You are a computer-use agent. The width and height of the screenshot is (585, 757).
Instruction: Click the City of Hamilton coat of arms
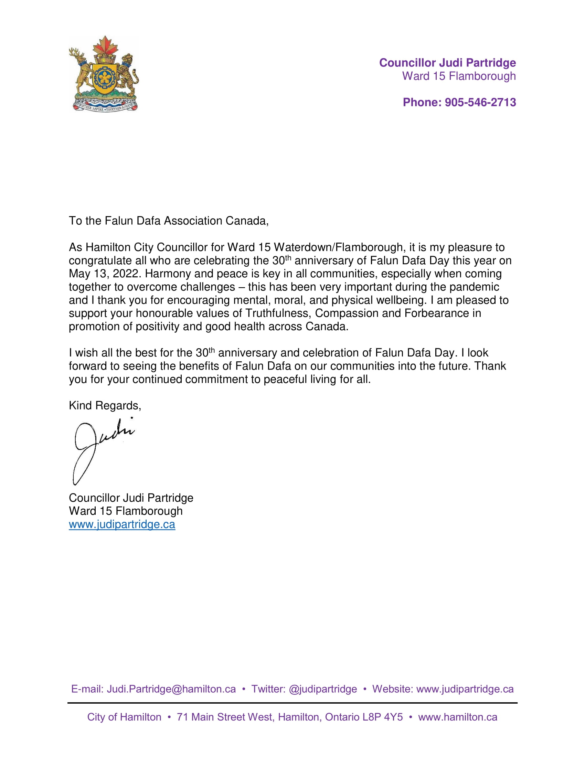(104, 74)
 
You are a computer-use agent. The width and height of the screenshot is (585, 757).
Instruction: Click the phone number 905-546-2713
(480, 102)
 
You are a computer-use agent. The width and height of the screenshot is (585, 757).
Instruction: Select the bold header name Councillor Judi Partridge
(447, 63)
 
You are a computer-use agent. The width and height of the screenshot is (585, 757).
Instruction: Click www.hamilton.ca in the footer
(457, 717)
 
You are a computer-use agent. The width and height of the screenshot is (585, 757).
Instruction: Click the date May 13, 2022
(105, 274)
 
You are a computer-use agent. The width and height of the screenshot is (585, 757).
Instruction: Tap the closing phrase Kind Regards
(104, 406)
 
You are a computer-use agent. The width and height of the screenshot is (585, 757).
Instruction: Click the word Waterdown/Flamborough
(338, 247)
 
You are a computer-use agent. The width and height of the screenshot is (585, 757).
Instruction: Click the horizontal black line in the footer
(292, 703)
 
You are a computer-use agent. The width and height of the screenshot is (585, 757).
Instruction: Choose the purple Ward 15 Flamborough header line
(458, 76)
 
